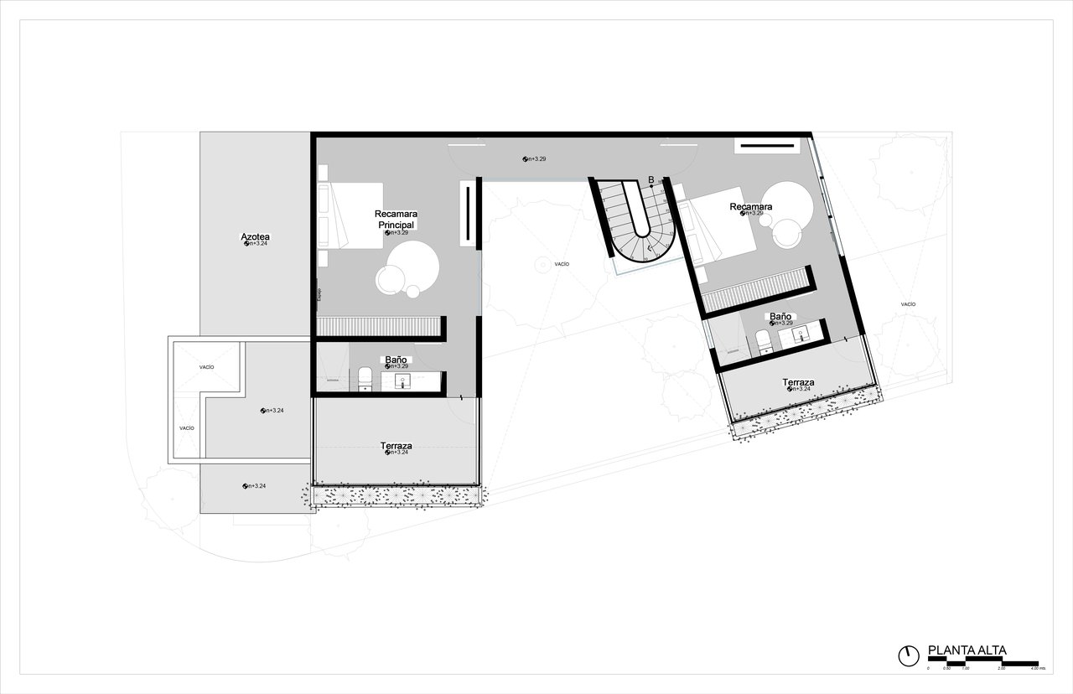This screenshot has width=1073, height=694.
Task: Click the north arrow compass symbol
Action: pos(908,655)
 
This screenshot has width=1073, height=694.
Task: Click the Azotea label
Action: pos(256,237)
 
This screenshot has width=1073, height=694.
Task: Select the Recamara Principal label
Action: pos(396,219)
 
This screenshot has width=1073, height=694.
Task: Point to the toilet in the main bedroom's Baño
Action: pos(365,379)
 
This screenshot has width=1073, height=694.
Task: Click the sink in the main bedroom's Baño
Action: pos(403,381)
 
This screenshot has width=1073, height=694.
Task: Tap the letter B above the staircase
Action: pos(651,179)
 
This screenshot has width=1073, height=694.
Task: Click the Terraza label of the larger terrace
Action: pos(396,446)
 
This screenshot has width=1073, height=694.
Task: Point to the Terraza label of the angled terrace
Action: pos(798,382)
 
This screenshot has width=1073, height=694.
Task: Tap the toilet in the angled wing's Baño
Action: pos(764,341)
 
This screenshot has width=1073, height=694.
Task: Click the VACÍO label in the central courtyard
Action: pos(562,264)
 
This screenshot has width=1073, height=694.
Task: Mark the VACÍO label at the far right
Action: pos(908,304)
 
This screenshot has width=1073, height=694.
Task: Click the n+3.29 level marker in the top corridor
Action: pos(535,158)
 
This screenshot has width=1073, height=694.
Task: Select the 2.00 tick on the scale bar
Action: pos(1002,669)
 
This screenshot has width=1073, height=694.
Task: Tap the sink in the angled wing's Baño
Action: pos(797,335)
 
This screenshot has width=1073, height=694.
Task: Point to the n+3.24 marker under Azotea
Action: pos(256,244)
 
